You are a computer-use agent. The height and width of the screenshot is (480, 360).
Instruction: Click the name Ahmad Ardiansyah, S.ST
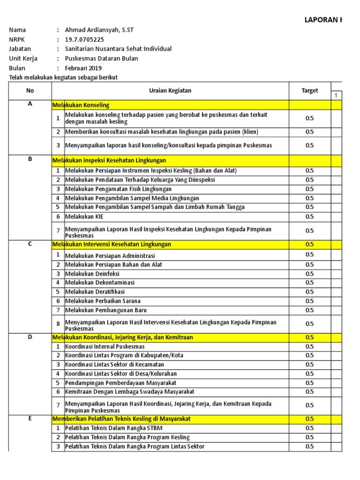tap(99, 30)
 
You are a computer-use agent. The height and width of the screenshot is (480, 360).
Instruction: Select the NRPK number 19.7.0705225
tap(85, 39)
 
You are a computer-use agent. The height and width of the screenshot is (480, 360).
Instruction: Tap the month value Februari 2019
tap(83, 68)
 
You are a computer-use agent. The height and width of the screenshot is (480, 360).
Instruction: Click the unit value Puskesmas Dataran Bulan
tap(101, 59)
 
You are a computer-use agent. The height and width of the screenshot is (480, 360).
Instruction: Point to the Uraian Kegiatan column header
tap(170, 91)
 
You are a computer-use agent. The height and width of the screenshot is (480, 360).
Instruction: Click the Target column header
tap(309, 91)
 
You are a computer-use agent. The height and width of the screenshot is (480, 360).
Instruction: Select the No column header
tap(30, 91)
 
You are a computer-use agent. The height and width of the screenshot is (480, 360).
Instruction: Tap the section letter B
tap(30, 159)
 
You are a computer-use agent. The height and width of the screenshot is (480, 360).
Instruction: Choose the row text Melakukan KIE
tap(84, 217)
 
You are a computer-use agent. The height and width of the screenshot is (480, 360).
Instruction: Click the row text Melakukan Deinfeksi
tap(92, 274)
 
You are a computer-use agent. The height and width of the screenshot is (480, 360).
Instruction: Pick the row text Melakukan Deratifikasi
tap(95, 292)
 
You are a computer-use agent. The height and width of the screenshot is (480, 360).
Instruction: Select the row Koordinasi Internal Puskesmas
tap(105, 346)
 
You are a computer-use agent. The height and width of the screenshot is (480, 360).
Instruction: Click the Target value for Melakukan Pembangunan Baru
tap(309, 310)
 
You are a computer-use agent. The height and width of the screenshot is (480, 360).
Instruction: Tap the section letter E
tap(30, 418)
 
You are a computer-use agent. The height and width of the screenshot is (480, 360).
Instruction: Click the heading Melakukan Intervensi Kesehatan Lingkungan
tap(112, 244)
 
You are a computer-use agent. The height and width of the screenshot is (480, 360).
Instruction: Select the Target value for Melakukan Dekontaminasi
tap(309, 283)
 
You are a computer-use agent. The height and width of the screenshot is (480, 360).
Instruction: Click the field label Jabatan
tap(20, 49)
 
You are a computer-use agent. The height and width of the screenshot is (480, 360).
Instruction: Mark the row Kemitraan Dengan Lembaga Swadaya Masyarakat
tap(130, 391)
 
